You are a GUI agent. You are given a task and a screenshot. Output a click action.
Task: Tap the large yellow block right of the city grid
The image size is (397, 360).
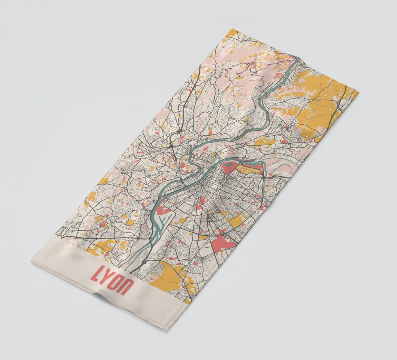tap(237, 221)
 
